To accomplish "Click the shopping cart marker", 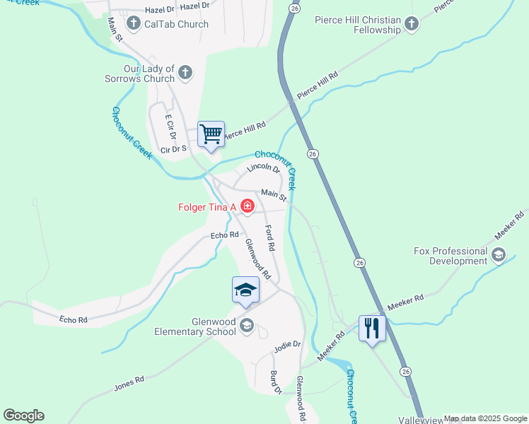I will click(x=211, y=134).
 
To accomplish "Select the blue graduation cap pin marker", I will click(x=245, y=290).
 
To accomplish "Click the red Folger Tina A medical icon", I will click(x=247, y=206).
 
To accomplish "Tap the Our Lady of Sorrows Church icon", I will click(x=185, y=72).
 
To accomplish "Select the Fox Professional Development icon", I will click(x=499, y=255).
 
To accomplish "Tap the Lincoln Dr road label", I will click(x=264, y=169).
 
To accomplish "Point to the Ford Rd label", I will click(x=269, y=238).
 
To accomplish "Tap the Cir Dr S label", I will click(x=173, y=149).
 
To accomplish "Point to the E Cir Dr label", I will click(x=170, y=127).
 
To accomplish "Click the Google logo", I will click(x=23, y=416).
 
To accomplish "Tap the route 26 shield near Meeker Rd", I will click(x=360, y=262).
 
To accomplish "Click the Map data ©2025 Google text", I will click(x=485, y=418).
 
